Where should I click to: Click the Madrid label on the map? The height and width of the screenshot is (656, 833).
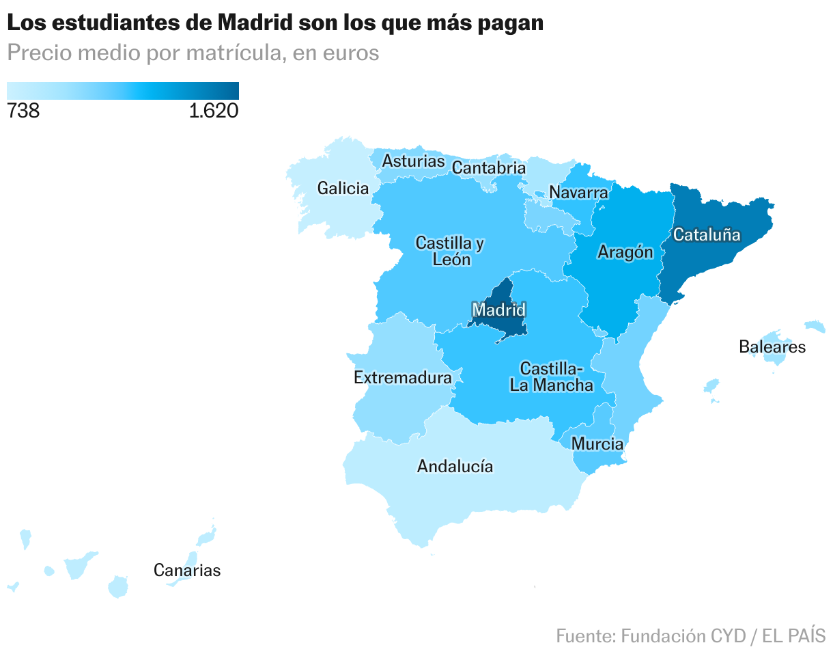pos(499,310)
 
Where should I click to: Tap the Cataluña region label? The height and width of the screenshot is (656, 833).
pos(707,234)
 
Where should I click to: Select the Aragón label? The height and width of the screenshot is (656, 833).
pos(625,252)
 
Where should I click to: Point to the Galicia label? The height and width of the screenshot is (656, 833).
pos(343,188)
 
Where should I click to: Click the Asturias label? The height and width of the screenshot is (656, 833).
pos(413,161)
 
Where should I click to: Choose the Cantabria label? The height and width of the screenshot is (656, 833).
pos(489,167)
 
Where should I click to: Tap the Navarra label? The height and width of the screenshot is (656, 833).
pos(578,192)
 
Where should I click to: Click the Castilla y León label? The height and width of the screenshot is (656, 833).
pos(450,251)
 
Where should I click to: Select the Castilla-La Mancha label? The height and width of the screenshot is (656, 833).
pos(552,377)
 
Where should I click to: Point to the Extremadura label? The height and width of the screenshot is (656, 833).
pos(403,377)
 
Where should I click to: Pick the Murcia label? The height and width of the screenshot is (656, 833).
pos(597,443)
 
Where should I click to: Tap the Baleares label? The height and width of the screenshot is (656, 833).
pos(772,346)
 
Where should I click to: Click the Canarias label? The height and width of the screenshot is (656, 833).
pos(187,570)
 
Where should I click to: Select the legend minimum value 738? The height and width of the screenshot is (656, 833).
pos(23,111)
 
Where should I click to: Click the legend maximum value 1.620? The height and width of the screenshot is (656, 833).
pos(214,111)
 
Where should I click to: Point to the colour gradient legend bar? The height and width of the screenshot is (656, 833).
pos(123,91)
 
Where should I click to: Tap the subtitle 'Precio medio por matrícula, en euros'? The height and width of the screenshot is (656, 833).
pos(193,53)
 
